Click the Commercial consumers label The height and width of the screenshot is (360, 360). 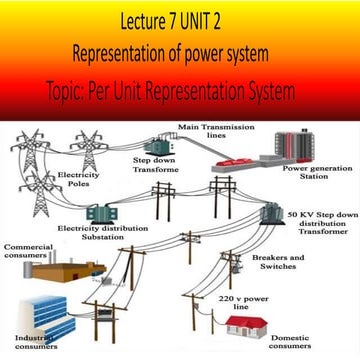coord(31,250)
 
